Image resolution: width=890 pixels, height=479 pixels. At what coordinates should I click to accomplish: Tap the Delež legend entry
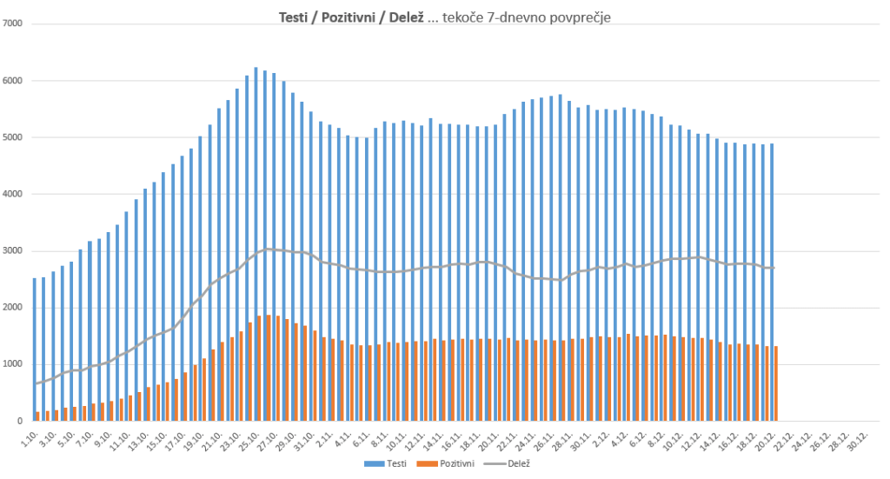tap(515, 464)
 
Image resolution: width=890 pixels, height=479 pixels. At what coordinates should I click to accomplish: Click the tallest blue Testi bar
tap(256, 244)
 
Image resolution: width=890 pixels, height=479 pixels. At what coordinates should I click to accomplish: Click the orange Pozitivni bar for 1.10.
tap(38, 416)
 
